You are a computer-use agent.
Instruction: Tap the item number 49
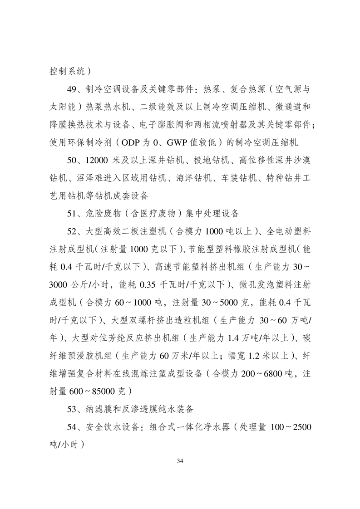(x=72, y=88)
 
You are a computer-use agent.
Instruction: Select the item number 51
(x=72, y=213)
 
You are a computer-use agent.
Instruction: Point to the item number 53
(x=72, y=409)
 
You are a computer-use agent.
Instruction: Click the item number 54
(x=72, y=427)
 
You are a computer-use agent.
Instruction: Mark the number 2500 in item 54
(x=300, y=427)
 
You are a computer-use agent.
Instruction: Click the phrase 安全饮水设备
(x=112, y=427)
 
